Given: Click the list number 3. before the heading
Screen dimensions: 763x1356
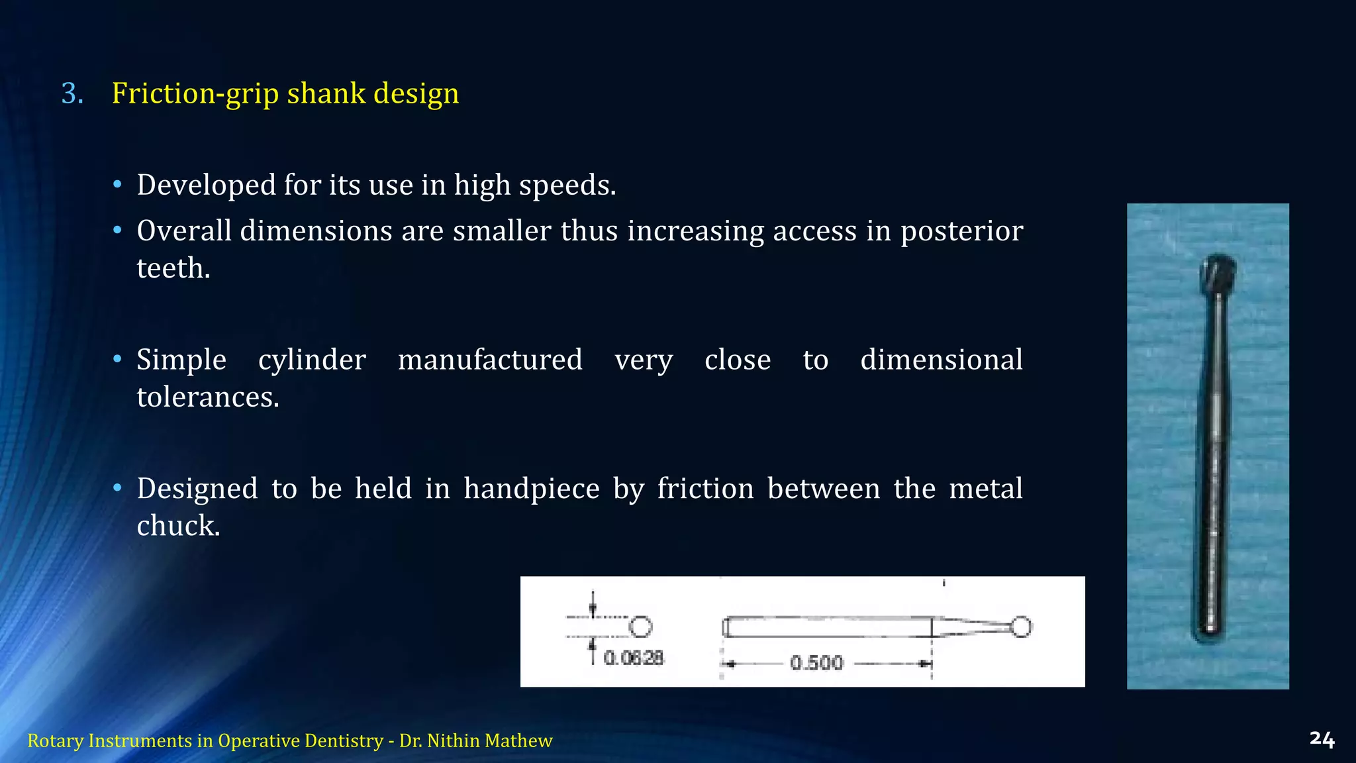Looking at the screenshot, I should pos(72,93).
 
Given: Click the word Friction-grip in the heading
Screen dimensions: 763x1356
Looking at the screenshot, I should pos(196,93).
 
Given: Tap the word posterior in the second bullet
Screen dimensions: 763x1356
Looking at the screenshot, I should pos(961,231).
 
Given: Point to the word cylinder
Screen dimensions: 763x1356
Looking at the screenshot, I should pos(312,360).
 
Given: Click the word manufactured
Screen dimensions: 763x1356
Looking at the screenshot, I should pos(490,360).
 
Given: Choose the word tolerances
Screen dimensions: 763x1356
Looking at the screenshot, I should pos(208,397).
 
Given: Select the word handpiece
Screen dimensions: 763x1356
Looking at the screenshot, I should pos(531,489).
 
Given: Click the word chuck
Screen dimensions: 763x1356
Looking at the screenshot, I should pos(178,526).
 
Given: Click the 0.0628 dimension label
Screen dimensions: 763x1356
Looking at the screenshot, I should pos(634,658).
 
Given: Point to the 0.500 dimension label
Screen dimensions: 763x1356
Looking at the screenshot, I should pos(816,662).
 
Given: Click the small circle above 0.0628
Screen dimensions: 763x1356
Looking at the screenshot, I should pos(640,626).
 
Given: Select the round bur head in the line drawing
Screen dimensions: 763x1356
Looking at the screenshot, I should pos(1021,626).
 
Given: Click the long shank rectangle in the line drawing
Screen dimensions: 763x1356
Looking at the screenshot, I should pos(828,627).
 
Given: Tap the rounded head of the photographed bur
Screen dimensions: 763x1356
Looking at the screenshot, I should pos(1218,274).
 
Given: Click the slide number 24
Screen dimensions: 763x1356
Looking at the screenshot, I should pos(1322,739).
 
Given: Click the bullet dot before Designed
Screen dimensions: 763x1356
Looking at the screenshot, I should pos(117,488).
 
